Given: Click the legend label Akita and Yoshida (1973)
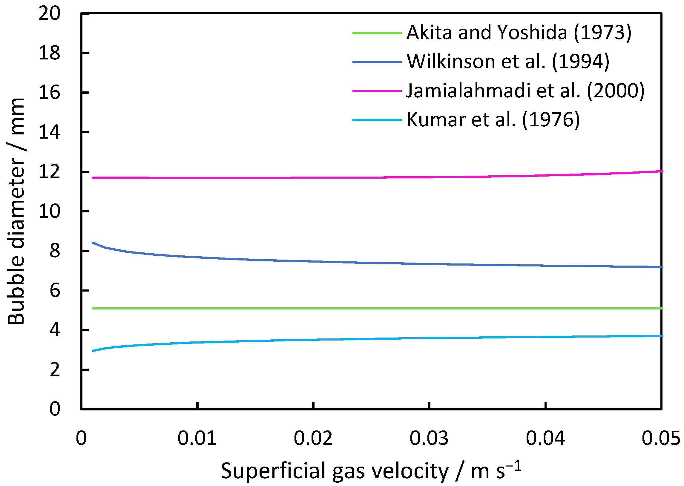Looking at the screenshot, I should click(x=519, y=32).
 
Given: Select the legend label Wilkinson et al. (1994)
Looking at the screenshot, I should click(x=508, y=62).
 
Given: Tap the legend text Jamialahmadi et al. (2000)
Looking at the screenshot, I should click(x=525, y=91).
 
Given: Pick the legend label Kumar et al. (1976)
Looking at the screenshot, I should click(x=493, y=120).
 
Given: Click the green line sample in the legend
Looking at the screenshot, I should click(x=377, y=33).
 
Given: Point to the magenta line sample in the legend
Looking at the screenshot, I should click(x=377, y=91).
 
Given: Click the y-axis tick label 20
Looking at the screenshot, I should click(x=49, y=13).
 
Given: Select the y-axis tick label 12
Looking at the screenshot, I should click(x=49, y=172).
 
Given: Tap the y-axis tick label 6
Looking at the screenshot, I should click(x=55, y=291).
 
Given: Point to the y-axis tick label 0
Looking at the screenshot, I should click(x=55, y=409).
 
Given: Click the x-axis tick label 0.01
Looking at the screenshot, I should click(x=197, y=439).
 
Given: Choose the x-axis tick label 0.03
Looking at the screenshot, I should click(x=429, y=439).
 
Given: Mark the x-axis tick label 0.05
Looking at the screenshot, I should click(x=661, y=439).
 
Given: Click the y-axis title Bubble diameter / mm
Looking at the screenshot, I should click(x=16, y=211).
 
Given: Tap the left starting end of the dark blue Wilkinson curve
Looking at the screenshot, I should click(x=93, y=243).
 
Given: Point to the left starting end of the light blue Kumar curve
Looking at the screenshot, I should click(x=93, y=351).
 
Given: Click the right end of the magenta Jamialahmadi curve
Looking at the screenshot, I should click(x=662, y=171).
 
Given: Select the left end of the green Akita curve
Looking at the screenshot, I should click(x=93, y=308).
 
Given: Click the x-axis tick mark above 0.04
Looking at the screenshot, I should click(x=545, y=406).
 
